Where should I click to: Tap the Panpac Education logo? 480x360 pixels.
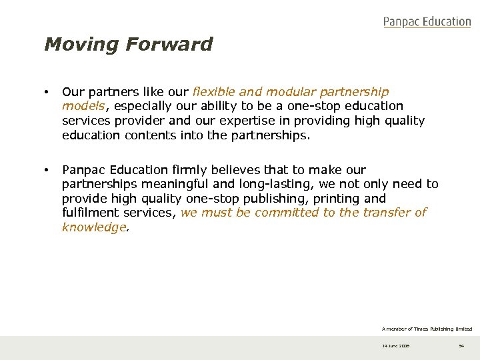pos(427,22)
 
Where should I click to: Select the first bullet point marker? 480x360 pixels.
pos(47,91)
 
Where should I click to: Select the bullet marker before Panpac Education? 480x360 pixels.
pos(47,170)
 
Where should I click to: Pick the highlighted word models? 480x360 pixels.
pos(83,106)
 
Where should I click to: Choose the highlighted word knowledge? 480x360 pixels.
pos(93,227)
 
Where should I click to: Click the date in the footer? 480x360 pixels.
pos(395,346)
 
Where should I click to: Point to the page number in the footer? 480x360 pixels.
pos(461,346)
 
